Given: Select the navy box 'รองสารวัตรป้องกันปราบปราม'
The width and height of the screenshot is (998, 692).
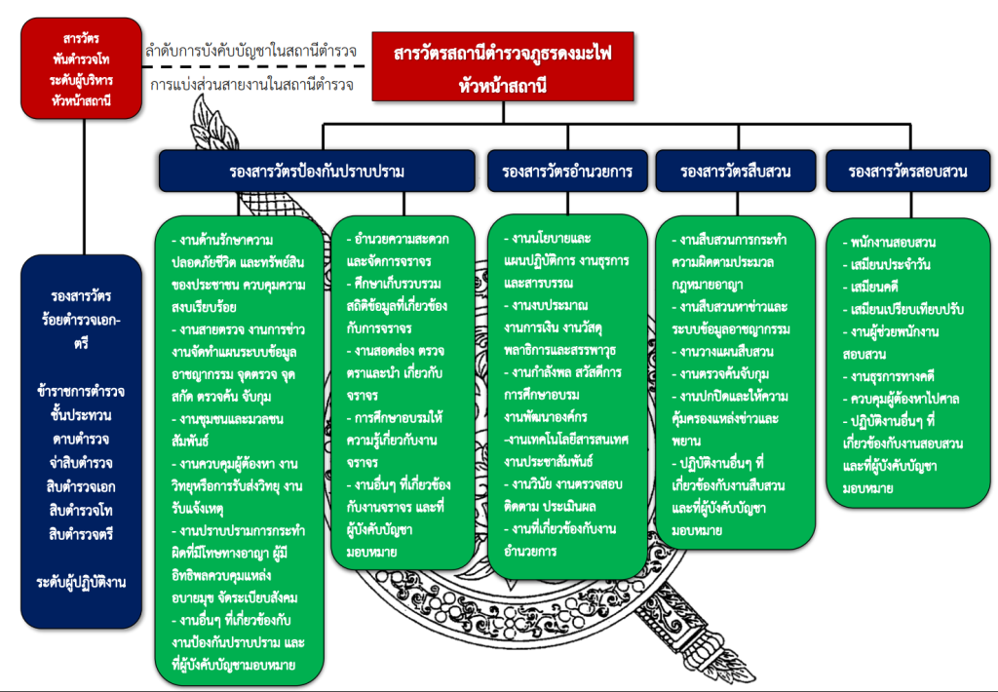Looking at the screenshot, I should [311, 172].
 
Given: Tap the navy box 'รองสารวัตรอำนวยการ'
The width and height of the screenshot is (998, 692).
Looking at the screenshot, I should [567, 172].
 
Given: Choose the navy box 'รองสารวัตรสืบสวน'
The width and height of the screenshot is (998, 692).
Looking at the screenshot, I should [736, 172].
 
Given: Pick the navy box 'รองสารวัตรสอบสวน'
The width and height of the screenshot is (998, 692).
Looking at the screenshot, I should [907, 172].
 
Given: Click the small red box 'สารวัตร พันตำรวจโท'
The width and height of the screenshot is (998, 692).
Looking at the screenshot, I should [81, 68].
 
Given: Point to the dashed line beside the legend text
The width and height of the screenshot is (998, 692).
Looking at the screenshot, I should [253, 67].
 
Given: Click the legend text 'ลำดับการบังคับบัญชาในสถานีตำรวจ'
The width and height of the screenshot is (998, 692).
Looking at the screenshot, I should [250, 49].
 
